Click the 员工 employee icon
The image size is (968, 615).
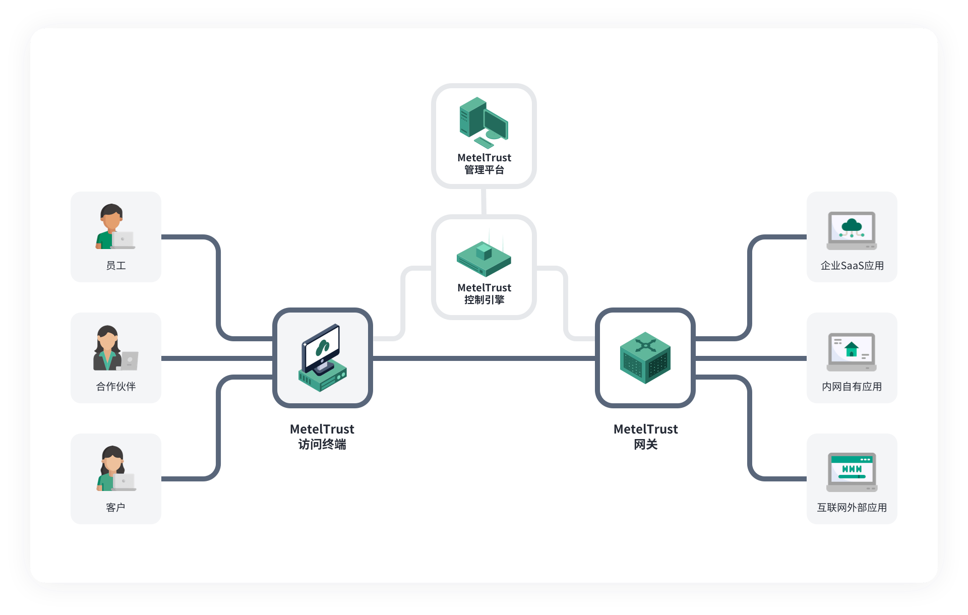click(x=115, y=226)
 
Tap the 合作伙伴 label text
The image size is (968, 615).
click(x=116, y=387)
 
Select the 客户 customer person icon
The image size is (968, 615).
click(x=116, y=468)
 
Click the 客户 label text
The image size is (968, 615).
click(x=115, y=508)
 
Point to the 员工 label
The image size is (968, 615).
click(x=116, y=266)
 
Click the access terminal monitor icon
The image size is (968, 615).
click(x=323, y=357)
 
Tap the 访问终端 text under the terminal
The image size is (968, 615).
click(x=322, y=444)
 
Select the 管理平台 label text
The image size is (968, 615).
click(x=484, y=170)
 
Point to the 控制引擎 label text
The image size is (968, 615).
click(x=484, y=300)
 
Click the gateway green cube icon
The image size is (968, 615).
click(x=645, y=358)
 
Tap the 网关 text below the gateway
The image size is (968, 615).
click(x=646, y=444)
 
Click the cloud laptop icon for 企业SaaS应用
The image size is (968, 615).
click(x=852, y=231)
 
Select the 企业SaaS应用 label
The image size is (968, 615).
click(x=852, y=266)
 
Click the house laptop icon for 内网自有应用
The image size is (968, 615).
click(x=852, y=352)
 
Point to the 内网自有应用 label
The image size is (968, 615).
click(x=852, y=387)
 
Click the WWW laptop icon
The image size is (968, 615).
click(x=852, y=472)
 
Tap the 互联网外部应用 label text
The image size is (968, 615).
click(x=852, y=508)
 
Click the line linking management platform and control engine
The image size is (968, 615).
click(x=484, y=202)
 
